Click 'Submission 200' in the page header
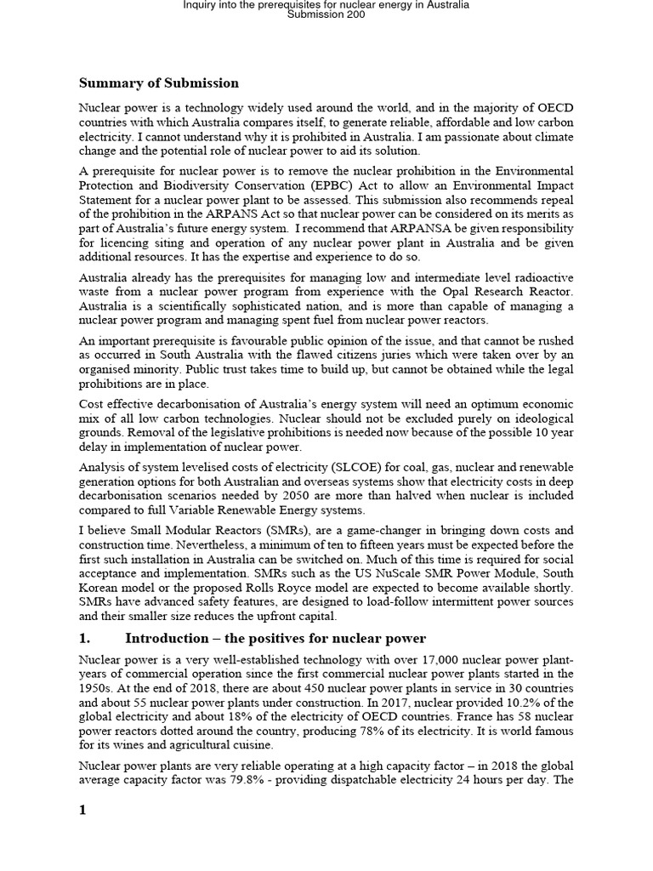[326, 14]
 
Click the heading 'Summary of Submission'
[159, 83]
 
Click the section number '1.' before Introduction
[85, 639]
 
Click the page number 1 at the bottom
[83, 810]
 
